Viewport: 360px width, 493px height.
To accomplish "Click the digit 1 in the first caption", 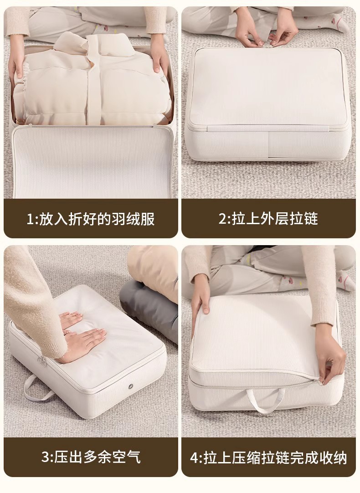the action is [30, 219].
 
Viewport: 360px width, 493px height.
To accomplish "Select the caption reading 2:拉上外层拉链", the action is [268, 219].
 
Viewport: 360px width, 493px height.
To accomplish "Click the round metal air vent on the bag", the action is [130, 386].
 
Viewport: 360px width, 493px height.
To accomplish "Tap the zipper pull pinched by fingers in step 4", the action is [319, 381].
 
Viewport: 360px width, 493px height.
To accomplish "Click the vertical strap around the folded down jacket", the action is [96, 80].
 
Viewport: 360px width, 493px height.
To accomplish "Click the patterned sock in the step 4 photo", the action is [345, 280].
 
